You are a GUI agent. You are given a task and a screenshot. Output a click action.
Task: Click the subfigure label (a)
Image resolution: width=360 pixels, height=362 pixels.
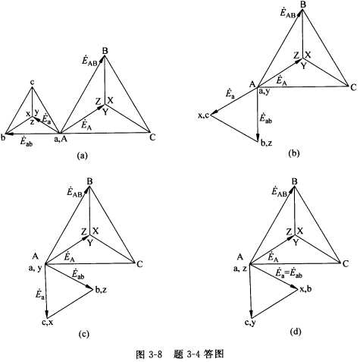tap(82, 155)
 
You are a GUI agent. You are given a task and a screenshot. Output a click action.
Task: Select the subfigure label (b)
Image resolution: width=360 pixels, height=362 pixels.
tap(293, 153)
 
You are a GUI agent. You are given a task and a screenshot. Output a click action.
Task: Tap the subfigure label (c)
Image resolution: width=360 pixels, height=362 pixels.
tap(83, 334)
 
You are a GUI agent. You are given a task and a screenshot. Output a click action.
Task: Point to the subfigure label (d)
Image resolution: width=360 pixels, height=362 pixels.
tap(296, 332)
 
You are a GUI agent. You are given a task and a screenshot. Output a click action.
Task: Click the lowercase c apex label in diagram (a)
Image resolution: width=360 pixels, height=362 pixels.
tap(32, 82)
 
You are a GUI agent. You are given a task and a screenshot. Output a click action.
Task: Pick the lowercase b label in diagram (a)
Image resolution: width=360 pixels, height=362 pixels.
tap(3, 138)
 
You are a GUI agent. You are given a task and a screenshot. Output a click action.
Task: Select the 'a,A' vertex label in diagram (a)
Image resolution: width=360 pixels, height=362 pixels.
tap(61, 139)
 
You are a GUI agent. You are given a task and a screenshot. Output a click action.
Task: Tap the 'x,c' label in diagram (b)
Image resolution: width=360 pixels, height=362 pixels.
tap(203, 115)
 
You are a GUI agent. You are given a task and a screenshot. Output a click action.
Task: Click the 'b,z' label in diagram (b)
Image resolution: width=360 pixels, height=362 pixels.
tap(266, 143)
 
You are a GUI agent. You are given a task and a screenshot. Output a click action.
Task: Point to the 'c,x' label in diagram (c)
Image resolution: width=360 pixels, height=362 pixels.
tap(48, 322)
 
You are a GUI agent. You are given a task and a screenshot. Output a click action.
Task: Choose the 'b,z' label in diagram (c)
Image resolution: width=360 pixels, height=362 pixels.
tap(101, 290)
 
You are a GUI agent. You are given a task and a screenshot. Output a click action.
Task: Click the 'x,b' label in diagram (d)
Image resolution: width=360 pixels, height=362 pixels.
tap(305, 288)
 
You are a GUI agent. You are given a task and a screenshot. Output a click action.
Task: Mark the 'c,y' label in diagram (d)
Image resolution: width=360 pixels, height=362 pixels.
tap(250, 323)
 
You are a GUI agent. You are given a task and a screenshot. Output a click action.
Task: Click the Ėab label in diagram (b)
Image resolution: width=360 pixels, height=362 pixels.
tap(265, 118)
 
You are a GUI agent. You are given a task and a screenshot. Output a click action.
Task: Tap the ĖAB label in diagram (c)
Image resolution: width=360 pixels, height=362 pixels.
tap(74, 193)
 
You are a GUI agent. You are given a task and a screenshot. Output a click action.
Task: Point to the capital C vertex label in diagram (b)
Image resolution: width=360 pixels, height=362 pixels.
tap(353, 87)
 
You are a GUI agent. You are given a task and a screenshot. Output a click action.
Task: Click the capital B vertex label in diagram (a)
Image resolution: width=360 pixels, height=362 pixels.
tap(105, 51)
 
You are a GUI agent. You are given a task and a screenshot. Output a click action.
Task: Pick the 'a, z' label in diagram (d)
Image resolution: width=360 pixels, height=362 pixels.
tap(240, 269)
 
